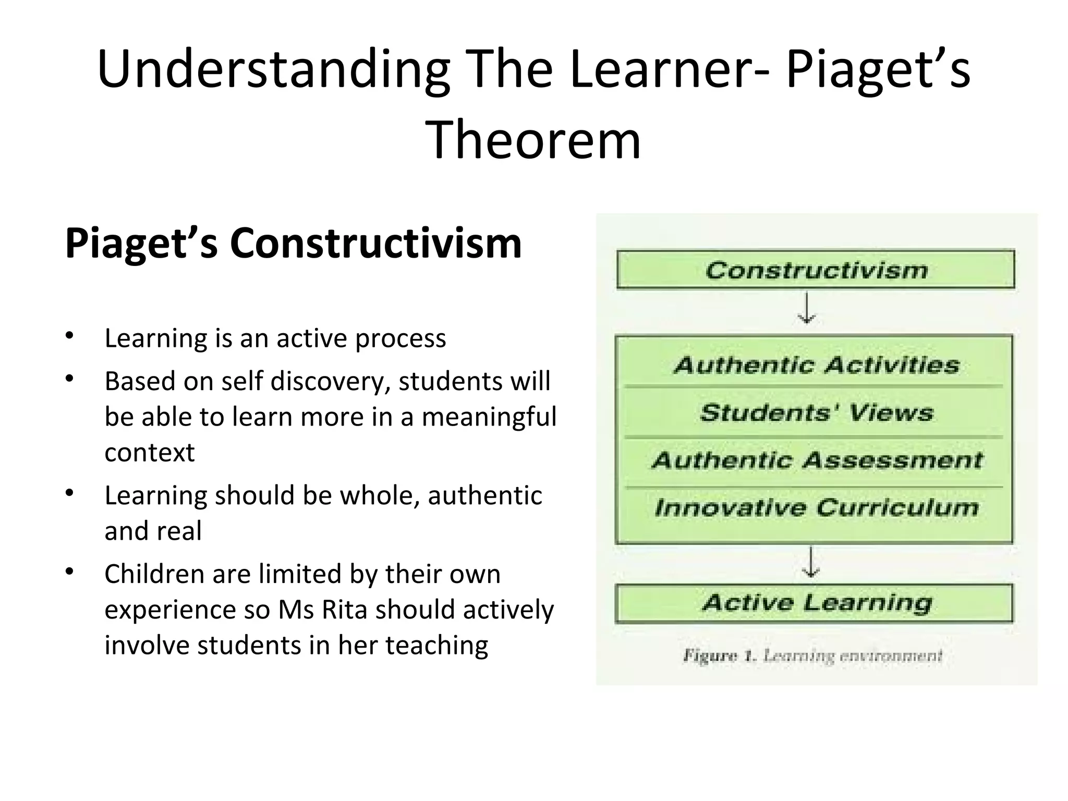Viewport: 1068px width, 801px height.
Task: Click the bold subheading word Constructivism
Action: [x=375, y=243]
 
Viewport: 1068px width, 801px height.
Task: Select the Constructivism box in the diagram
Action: [x=816, y=270]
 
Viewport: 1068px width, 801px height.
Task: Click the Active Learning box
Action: [x=816, y=603]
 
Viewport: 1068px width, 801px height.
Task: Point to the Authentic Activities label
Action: [x=816, y=365]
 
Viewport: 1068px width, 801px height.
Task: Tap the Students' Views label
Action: [x=816, y=412]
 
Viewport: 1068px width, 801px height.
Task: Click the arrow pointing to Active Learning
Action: [x=810, y=562]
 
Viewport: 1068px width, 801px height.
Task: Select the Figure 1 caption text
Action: [x=812, y=656]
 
